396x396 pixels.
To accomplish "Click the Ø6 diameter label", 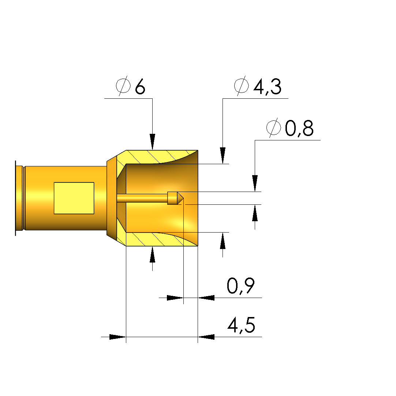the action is point(130,86).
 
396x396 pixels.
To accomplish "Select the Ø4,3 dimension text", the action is point(258,86).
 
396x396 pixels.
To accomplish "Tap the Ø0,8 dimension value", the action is point(290,128).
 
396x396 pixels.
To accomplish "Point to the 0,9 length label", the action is point(240,286).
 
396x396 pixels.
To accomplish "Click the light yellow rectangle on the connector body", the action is point(74,198).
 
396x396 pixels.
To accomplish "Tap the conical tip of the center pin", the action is point(180,198).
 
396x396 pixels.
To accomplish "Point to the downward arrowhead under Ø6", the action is point(152,142).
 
